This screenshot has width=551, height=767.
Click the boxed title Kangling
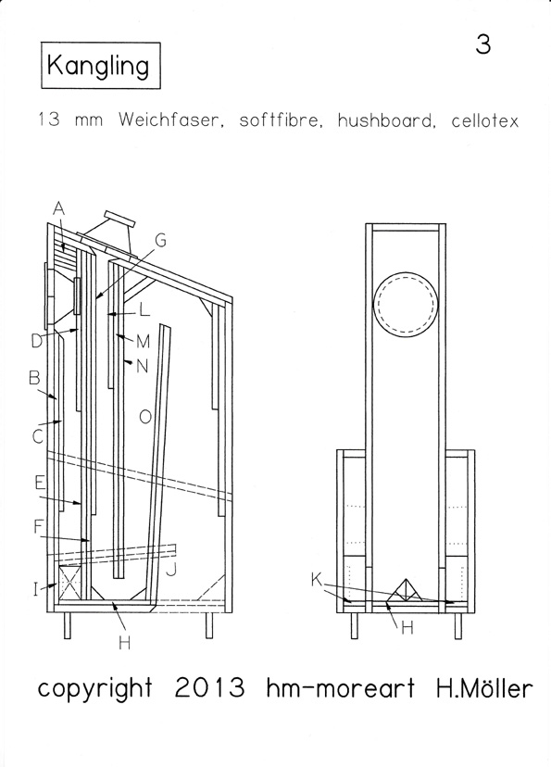tap(101, 66)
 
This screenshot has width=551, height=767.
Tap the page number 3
tap(483, 44)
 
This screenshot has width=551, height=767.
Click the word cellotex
tap(484, 119)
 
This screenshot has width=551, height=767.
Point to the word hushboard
tap(386, 119)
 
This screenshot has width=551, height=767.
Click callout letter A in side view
tap(58, 208)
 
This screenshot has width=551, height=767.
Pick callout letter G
tap(160, 240)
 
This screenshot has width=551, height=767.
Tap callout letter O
tap(145, 417)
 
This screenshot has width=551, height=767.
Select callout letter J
tap(170, 570)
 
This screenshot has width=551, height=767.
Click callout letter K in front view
tap(317, 580)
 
